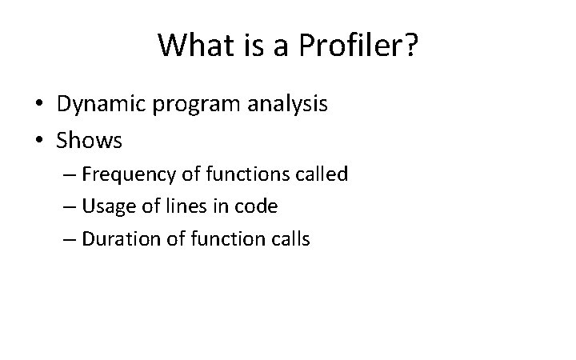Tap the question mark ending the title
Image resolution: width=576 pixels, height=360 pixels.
pyautogui.click(x=410, y=45)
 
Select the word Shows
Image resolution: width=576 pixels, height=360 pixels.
pyautogui.click(x=89, y=141)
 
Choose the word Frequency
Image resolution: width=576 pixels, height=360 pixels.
pyautogui.click(x=126, y=174)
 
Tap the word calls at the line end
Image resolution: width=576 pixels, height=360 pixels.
pyautogui.click(x=290, y=238)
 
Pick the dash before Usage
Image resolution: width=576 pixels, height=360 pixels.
pyautogui.click(x=68, y=207)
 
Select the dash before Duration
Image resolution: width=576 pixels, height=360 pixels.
pyautogui.click(x=68, y=239)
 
